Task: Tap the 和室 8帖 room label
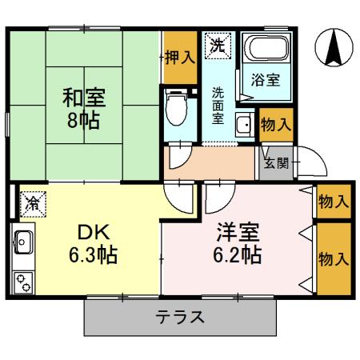[84, 111]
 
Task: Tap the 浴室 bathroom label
[263, 79]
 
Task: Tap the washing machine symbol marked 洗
[217, 46]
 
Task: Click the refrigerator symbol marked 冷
[32, 205]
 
